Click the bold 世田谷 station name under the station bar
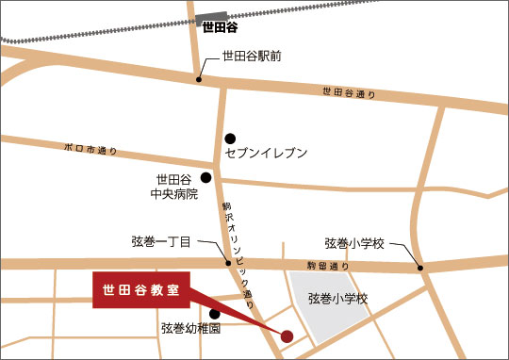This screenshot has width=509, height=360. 222,27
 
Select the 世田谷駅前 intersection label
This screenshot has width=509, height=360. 251,57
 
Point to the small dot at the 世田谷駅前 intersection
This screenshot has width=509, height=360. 199,79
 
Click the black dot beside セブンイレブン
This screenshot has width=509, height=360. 230,138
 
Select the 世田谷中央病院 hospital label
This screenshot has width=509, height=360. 174,187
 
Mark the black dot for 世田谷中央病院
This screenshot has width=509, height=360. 205,176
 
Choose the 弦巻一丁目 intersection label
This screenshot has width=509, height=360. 161,242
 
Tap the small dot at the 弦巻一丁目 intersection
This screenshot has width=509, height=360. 227,263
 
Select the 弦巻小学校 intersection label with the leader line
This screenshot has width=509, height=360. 355,242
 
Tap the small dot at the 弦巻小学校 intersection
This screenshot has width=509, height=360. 421,269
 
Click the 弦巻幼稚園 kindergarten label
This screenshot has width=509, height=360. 190,329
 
